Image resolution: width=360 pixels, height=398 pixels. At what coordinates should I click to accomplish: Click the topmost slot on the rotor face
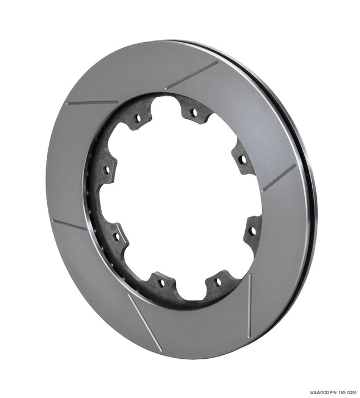click(x=192, y=75)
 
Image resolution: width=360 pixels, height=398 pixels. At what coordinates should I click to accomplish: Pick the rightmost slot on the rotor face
click(x=279, y=177)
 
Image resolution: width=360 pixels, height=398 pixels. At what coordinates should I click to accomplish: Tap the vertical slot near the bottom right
click(x=249, y=306)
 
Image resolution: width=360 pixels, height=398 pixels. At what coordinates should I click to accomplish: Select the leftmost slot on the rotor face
click(x=68, y=225)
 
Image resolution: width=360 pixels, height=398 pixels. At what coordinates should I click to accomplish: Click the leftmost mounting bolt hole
click(x=106, y=169)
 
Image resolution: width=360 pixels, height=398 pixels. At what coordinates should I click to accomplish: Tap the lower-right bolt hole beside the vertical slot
click(x=217, y=281)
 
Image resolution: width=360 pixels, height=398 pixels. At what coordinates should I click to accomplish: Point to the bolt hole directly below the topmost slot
click(x=193, y=112)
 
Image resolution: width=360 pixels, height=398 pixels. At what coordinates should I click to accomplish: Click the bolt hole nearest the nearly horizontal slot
click(x=137, y=119)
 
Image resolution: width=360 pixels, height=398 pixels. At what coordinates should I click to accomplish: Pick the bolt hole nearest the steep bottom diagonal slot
click(x=161, y=281)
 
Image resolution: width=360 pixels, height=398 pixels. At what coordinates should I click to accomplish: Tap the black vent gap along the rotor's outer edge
click(x=307, y=171)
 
